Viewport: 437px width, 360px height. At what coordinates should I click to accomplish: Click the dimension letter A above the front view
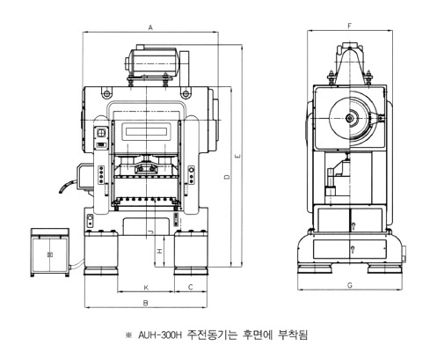pos(150,28)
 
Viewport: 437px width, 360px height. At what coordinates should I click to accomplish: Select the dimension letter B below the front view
pos(146,303)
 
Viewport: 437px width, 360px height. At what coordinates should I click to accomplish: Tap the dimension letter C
pos(191,287)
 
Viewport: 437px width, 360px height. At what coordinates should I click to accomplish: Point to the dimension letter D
pos(227,177)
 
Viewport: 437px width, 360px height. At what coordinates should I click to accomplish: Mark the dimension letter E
pos(237,156)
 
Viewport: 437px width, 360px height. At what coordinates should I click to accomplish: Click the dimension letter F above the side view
pos(350,26)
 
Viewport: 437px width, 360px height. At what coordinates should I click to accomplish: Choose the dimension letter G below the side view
pos(350,285)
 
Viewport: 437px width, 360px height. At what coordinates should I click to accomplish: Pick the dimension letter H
pos(159,251)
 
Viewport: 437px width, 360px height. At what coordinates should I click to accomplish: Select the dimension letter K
pos(146,288)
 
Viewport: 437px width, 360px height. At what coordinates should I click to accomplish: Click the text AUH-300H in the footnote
pos(160,334)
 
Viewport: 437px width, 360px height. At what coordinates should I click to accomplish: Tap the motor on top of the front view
pos(152,61)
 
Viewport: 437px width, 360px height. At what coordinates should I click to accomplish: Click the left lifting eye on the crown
pos(106,94)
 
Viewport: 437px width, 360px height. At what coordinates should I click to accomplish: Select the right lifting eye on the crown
pos(186,94)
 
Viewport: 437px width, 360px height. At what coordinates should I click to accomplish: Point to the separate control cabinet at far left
pos(50,253)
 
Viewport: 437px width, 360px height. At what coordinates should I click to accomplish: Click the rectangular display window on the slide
pos(147,130)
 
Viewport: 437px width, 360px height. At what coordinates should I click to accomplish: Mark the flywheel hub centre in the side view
pos(350,118)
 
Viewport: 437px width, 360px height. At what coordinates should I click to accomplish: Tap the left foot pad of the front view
pos(101,271)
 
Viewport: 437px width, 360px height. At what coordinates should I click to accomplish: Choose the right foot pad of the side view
pos(384,268)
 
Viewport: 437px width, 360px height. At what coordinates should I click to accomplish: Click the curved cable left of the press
pos(67,186)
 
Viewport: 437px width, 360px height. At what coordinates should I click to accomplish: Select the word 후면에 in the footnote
pos(257,334)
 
